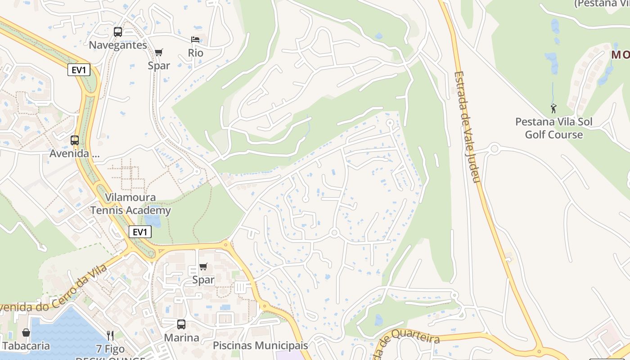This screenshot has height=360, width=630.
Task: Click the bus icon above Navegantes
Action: [118, 32]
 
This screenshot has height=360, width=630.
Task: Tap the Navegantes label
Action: [118, 45]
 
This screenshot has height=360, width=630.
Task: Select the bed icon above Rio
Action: [195, 40]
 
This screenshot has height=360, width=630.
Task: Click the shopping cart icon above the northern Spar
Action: [158, 53]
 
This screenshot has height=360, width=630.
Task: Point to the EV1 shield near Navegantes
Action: [79, 70]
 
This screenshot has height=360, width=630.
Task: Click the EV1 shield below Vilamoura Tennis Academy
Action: [140, 232]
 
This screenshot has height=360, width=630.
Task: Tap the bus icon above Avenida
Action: [75, 140]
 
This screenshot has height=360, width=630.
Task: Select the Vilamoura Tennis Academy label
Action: [130, 204]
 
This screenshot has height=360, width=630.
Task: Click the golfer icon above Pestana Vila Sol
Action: [553, 108]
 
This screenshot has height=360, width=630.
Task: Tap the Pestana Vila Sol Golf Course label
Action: [554, 128]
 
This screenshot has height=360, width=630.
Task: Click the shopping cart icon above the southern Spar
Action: [203, 267]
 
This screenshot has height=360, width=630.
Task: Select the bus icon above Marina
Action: [181, 324]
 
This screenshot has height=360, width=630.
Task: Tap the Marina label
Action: [181, 337]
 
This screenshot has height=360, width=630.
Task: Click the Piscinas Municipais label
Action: [260, 346]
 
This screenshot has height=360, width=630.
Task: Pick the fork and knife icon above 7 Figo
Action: [110, 335]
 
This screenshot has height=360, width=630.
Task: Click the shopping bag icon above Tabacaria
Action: [26, 333]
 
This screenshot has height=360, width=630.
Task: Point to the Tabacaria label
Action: [26, 346]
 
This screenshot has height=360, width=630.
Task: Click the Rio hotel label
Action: [196, 53]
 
